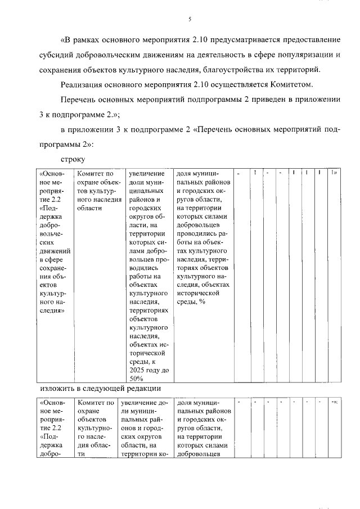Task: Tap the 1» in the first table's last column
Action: [x=334, y=173]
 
